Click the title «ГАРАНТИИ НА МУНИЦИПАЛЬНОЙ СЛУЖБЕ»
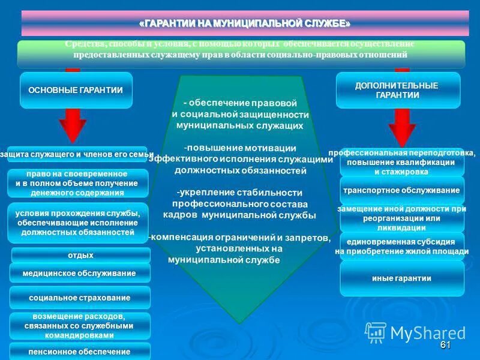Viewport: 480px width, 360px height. point(244,23)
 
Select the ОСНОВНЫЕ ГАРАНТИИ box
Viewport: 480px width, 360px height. point(76,90)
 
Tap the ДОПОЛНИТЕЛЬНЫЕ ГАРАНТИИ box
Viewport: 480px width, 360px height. point(397,90)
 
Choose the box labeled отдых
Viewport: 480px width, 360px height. point(80,256)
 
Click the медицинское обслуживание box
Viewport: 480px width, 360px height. point(79,273)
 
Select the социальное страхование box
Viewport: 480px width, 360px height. point(79,298)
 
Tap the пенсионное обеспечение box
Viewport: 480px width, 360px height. point(79,351)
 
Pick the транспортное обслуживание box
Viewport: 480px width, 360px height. point(401,190)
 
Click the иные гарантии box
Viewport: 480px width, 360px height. point(401,278)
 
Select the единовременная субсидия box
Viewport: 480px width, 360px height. point(401,246)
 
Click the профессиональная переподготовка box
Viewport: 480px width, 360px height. point(401,162)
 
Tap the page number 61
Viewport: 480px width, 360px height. point(445,345)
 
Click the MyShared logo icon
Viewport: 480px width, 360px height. point(376,332)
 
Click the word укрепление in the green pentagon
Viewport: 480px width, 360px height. point(202,193)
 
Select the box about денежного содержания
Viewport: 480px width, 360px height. point(77,184)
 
